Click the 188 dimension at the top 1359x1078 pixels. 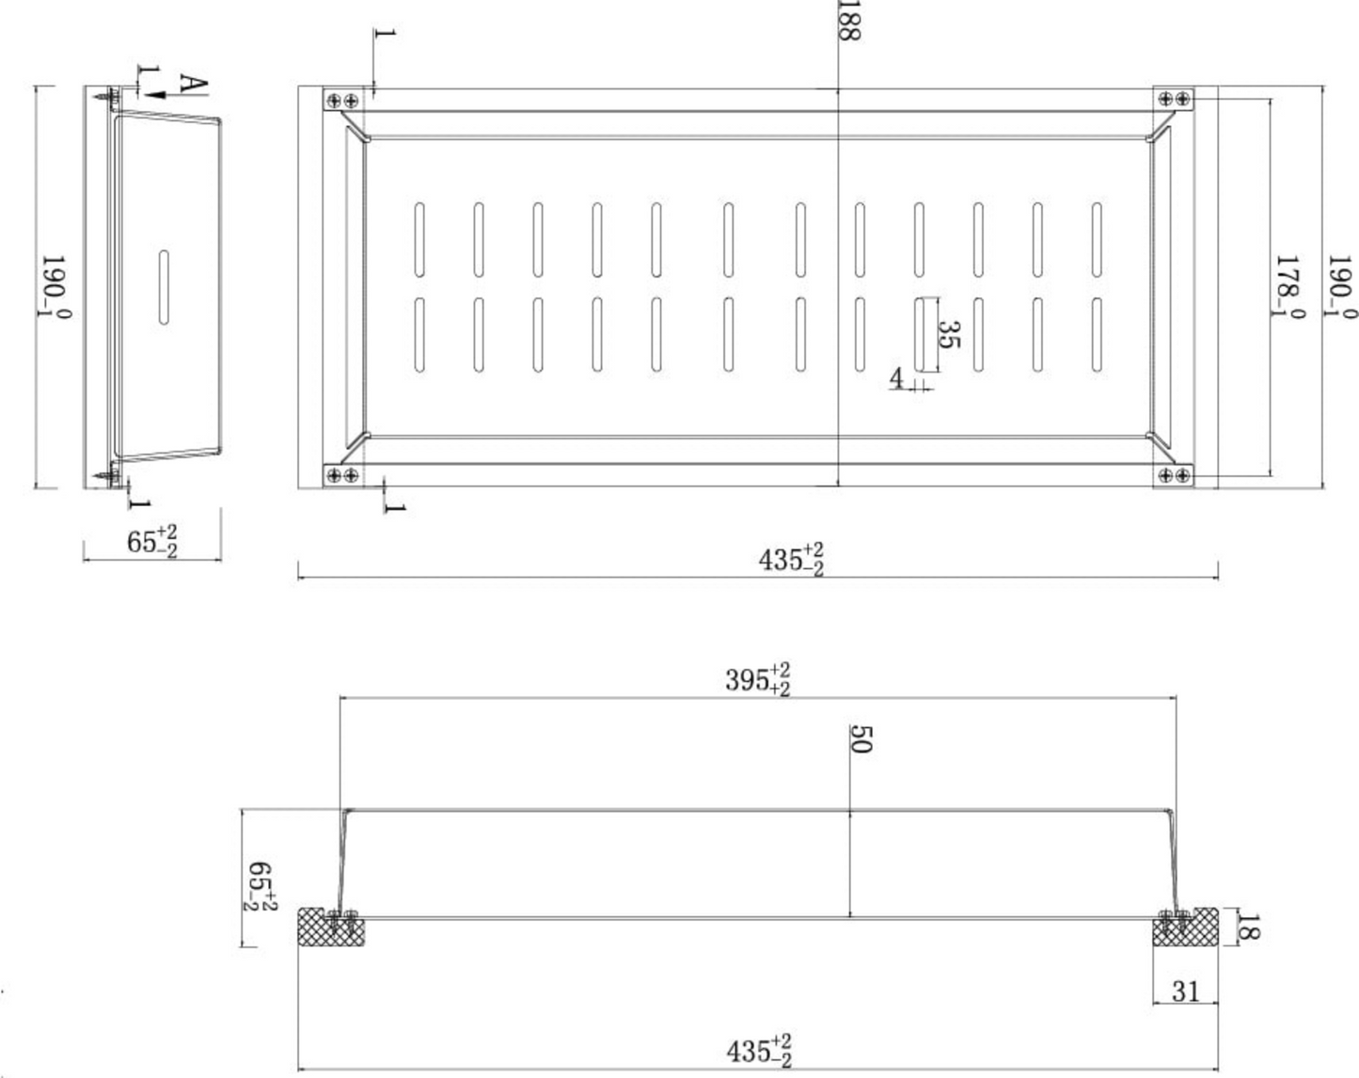[848, 20]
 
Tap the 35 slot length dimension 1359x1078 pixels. [948, 334]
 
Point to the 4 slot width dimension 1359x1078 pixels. [896, 378]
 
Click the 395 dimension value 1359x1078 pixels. [757, 680]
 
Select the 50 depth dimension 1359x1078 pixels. [861, 739]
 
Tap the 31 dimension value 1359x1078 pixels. [1185, 991]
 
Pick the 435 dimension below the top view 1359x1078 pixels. [791, 559]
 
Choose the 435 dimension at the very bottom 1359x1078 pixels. [758, 1052]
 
